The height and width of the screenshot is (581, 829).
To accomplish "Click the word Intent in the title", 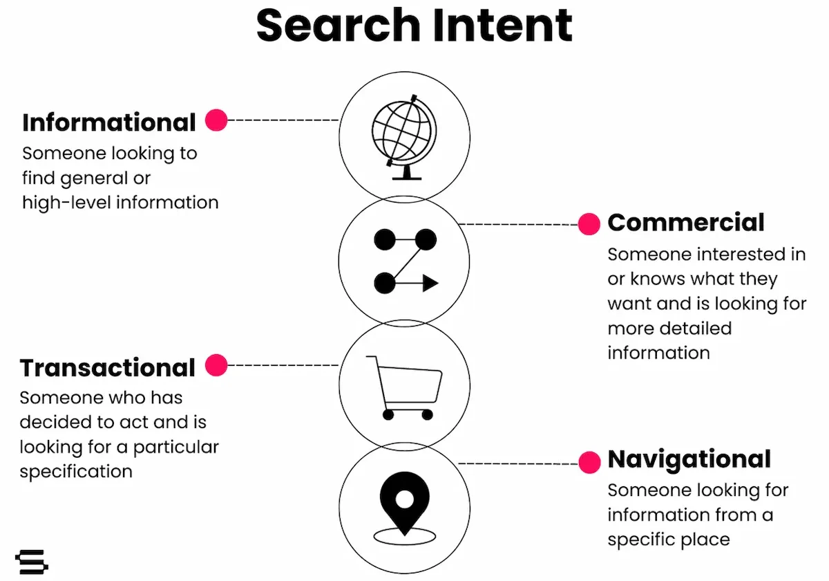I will pyautogui.click(x=497, y=26).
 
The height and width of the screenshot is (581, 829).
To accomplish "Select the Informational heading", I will pyautogui.click(x=109, y=122).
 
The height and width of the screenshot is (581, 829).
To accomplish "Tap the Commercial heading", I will pyautogui.click(x=686, y=223).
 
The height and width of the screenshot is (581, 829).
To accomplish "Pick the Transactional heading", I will pyautogui.click(x=108, y=368).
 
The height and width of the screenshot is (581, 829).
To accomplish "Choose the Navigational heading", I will pyautogui.click(x=689, y=459).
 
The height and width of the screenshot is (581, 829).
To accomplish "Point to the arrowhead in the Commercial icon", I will pyautogui.click(x=430, y=283).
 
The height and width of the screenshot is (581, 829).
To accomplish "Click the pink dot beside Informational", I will pyautogui.click(x=216, y=120).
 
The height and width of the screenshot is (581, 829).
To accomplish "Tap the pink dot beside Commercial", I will pyautogui.click(x=589, y=224).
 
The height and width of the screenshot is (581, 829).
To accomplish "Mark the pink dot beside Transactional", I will pyautogui.click(x=216, y=365).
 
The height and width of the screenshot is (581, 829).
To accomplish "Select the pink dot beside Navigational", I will pyautogui.click(x=589, y=463).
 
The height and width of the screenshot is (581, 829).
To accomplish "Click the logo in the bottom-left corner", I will pyautogui.click(x=32, y=561).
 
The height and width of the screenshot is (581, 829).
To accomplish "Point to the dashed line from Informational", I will pyautogui.click(x=283, y=120).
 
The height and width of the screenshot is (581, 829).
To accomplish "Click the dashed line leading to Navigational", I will pyautogui.click(x=518, y=463).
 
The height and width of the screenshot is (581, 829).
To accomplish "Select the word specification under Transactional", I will pyautogui.click(x=76, y=472).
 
